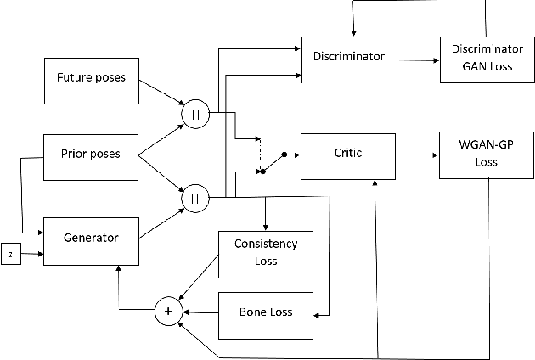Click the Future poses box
[91, 78]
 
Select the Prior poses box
[91, 155]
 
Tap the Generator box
[92, 239]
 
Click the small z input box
[10, 254]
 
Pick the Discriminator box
[349, 59]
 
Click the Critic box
[349, 155]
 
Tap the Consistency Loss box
[265, 253]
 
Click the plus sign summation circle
[167, 312]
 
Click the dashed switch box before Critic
[272, 155]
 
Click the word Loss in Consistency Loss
[266, 262]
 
